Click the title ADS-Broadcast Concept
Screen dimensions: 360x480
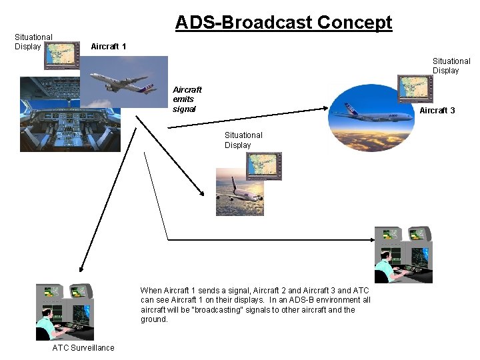[x=283, y=23]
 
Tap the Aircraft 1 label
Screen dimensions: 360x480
[x=108, y=47]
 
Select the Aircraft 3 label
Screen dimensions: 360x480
[x=437, y=111]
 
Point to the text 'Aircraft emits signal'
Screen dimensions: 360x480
[x=187, y=99]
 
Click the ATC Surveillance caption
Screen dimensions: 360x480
[x=83, y=347]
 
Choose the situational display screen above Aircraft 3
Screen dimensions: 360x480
[x=415, y=88]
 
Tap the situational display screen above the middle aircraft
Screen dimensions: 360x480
[x=264, y=166]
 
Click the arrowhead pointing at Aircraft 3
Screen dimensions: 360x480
[x=327, y=112]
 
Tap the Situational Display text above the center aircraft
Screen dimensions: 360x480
[x=243, y=140]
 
